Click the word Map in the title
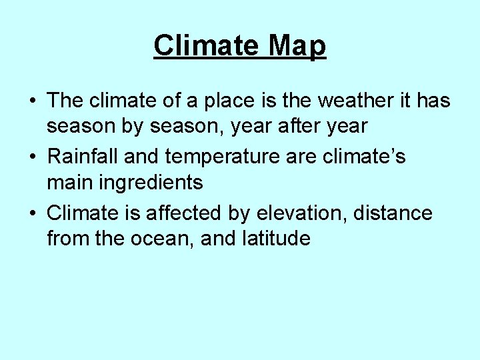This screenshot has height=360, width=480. click(x=298, y=46)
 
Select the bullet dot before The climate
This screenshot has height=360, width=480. click(x=33, y=102)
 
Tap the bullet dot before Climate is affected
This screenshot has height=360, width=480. click(x=33, y=215)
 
